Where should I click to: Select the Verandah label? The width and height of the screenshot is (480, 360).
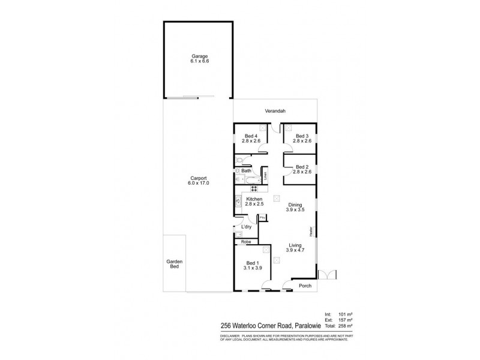click(x=275, y=111)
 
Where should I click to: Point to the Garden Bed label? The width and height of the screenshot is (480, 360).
click(x=175, y=264)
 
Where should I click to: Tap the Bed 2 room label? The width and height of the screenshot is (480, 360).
click(x=301, y=169)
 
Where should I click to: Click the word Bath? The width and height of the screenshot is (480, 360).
click(x=247, y=171)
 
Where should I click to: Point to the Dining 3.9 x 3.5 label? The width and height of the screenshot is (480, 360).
click(x=294, y=208)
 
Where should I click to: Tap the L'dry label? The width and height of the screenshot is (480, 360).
click(x=246, y=226)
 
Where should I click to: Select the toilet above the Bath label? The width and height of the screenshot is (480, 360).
click(x=239, y=161)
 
